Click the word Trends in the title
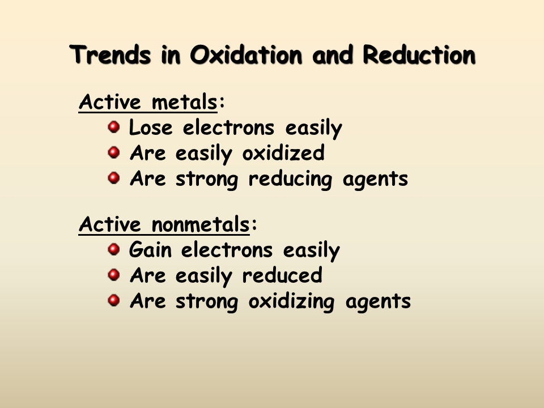(112, 56)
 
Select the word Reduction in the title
(419, 56)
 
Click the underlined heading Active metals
(148, 103)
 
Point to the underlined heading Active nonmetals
(164, 225)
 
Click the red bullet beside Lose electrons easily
(114, 126)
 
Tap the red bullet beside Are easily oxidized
(114, 152)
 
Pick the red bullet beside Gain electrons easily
(114, 249)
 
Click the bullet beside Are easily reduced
(114, 274)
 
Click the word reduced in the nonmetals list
(282, 276)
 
